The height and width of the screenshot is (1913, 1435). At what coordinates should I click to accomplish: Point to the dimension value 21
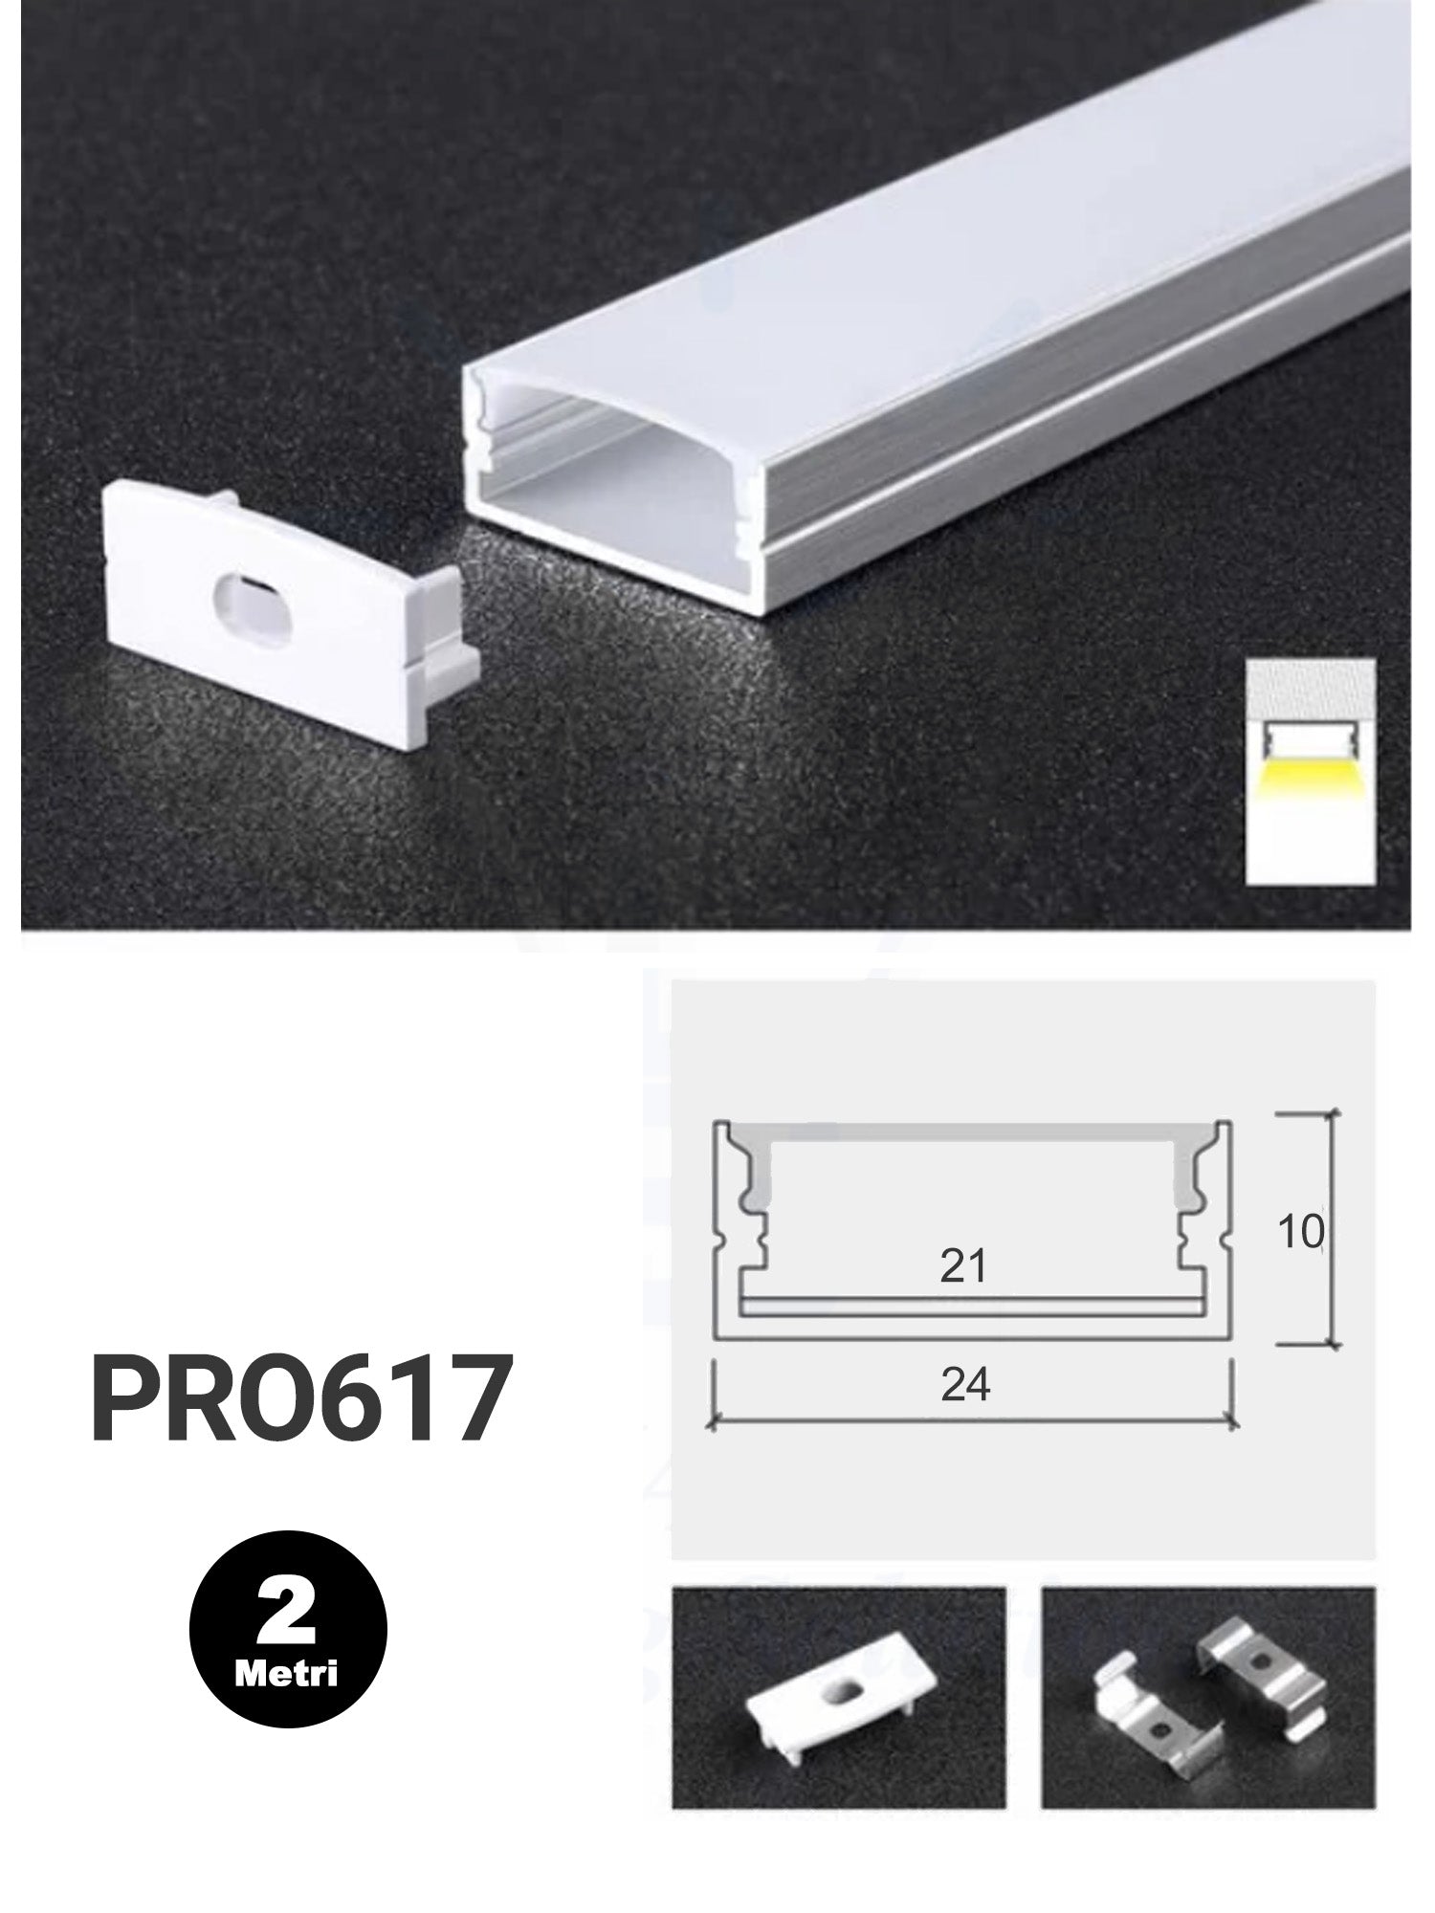(962, 1266)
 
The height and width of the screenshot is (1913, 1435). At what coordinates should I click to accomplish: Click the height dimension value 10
(1300, 1233)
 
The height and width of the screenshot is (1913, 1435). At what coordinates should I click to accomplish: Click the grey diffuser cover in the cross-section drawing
(966, 1132)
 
